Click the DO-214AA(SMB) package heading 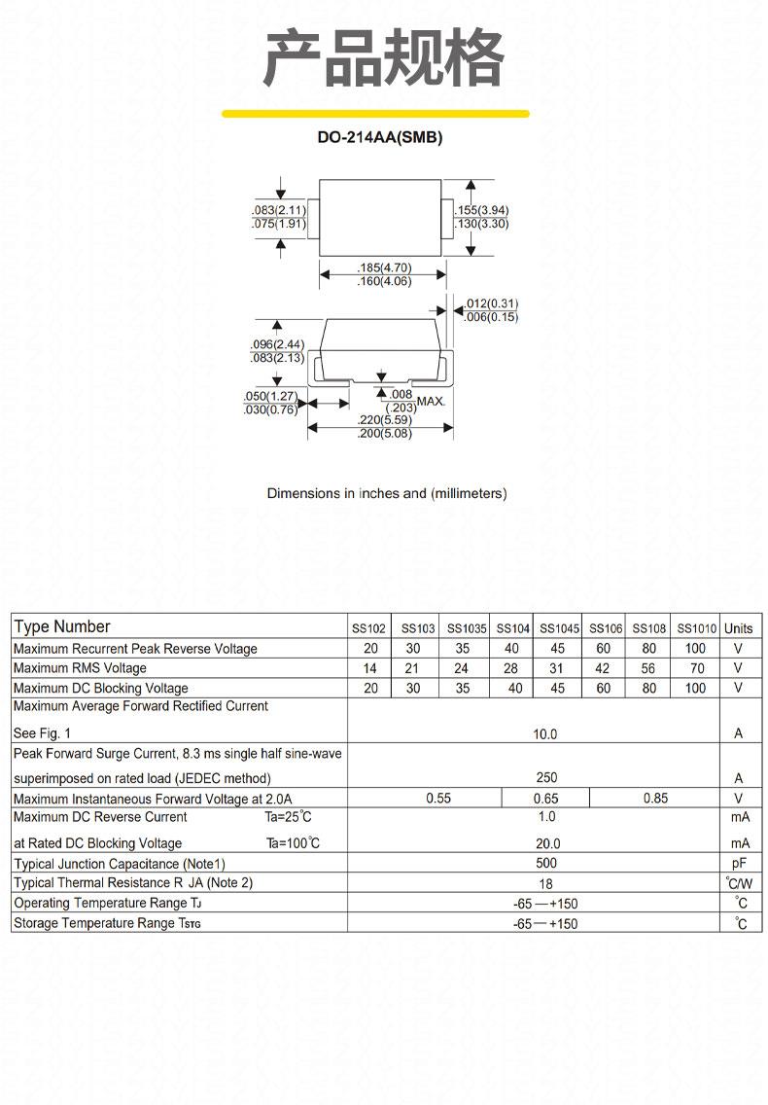(380, 137)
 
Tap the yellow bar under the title (375, 114)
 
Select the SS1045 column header (559, 628)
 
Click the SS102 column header (368, 628)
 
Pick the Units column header (739, 628)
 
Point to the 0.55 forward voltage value (438, 798)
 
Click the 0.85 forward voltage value (655, 798)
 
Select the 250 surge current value (546, 777)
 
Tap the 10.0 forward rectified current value (544, 733)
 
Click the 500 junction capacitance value (546, 863)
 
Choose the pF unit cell (739, 864)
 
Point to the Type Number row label (62, 626)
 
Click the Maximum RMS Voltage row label (80, 668)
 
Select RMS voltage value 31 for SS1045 (556, 668)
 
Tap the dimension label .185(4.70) (384, 267)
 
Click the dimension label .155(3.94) (482, 210)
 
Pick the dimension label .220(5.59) (384, 419)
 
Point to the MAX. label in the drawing (432, 401)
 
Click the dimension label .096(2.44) (278, 344)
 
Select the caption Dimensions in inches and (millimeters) (387, 493)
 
